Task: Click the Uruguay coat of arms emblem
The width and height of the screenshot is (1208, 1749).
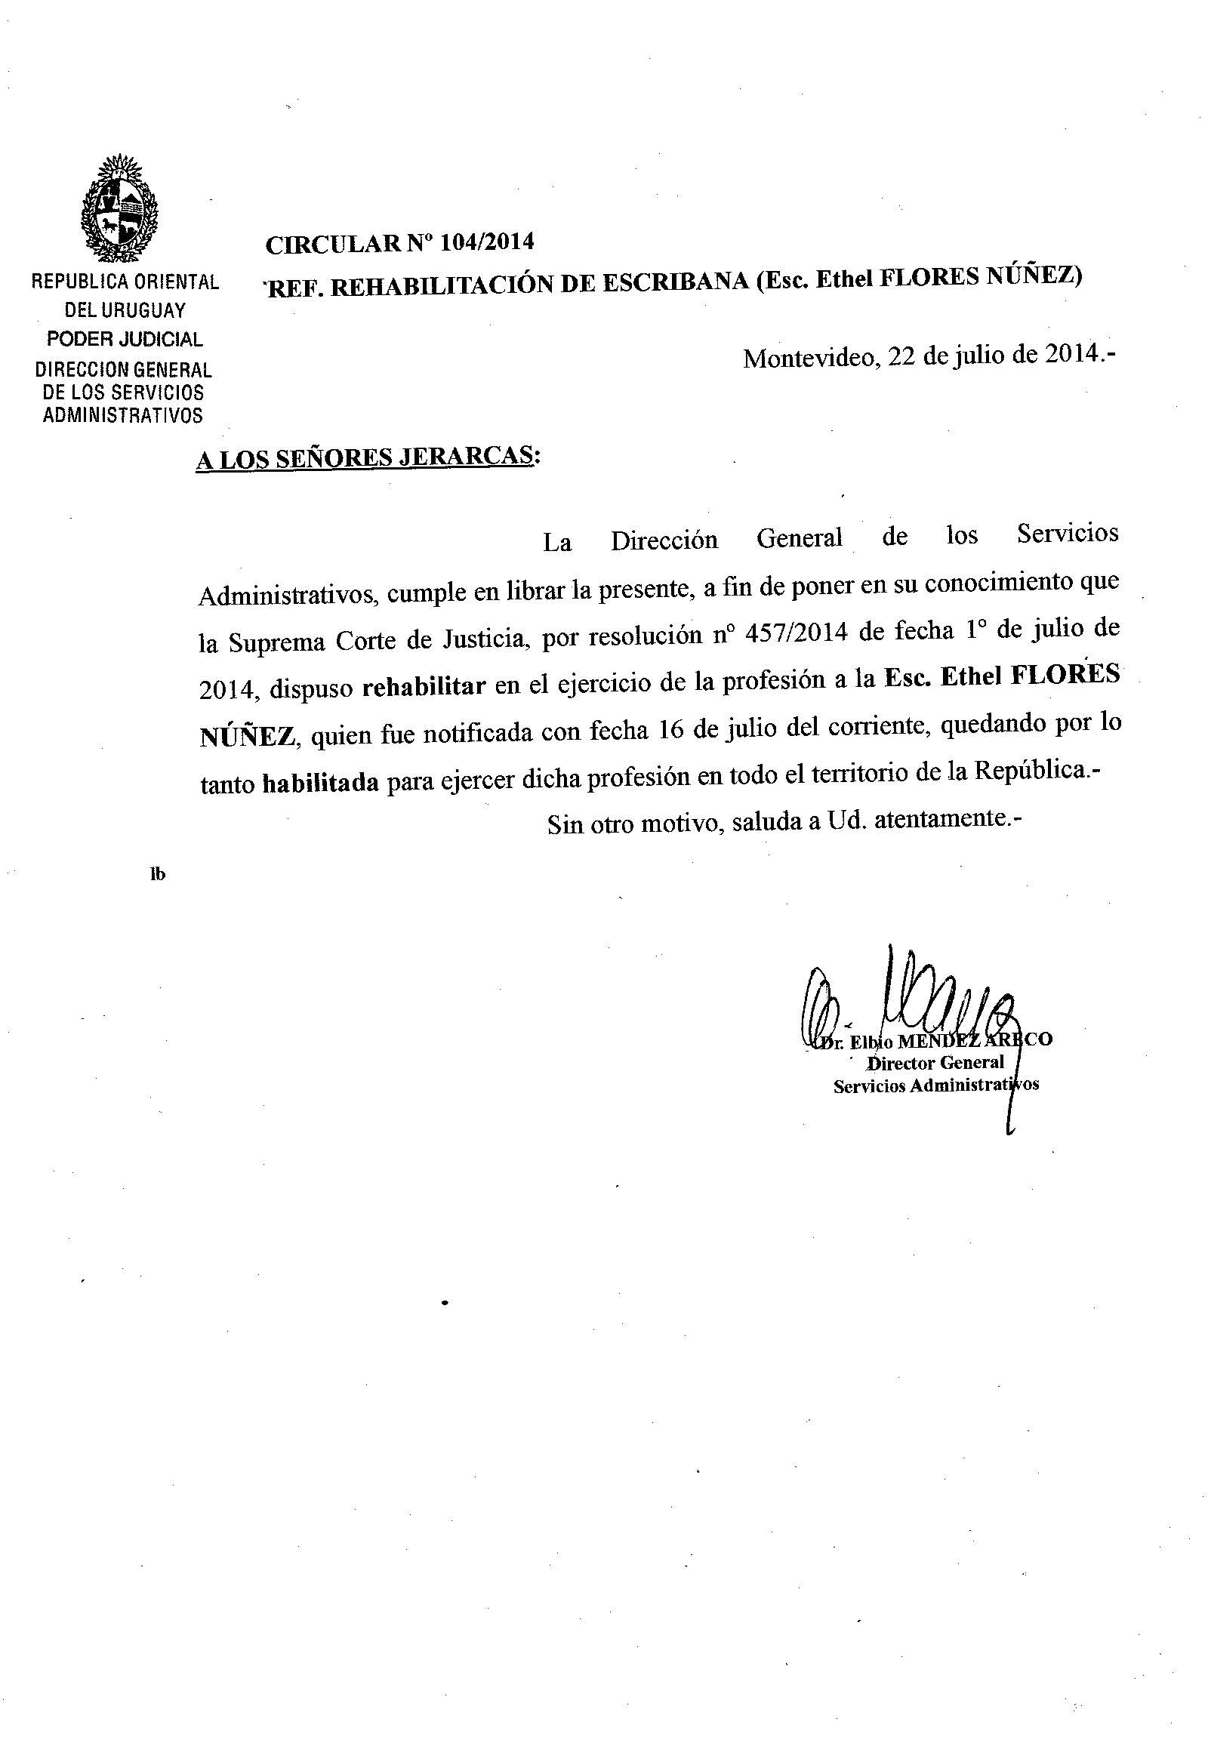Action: coord(122,206)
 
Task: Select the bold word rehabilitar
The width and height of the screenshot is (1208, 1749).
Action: coord(424,686)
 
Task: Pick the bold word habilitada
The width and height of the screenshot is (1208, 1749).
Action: coord(320,783)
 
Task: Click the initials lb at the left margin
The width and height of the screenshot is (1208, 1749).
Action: coord(158,875)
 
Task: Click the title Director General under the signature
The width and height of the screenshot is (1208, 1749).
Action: coord(935,1063)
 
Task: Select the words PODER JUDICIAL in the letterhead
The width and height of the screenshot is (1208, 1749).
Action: coord(125,339)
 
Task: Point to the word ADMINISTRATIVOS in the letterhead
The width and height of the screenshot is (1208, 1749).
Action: coord(123,415)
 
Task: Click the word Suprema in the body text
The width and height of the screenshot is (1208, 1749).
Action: coord(277,642)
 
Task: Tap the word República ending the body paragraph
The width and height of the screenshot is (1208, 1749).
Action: coord(1030,771)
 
